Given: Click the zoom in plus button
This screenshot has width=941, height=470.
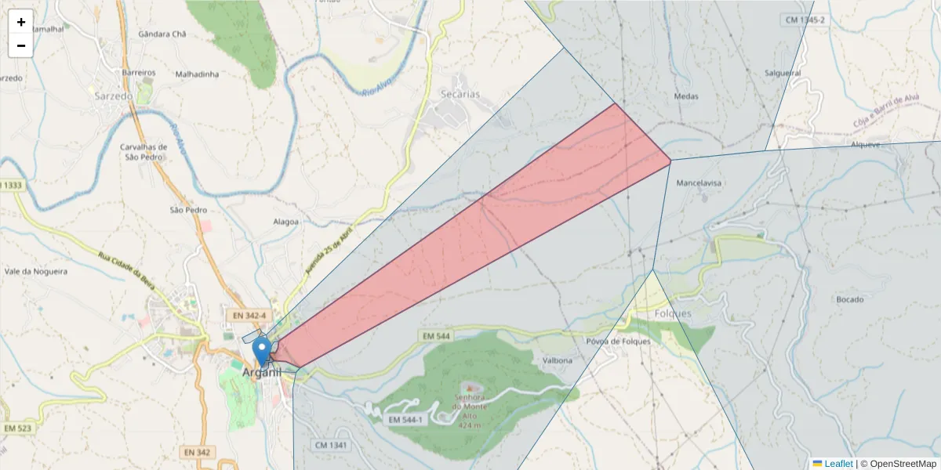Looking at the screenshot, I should (x=21, y=22).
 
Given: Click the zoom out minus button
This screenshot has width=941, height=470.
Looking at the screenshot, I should (x=21, y=45).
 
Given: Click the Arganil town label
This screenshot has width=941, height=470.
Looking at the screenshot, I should (x=261, y=373).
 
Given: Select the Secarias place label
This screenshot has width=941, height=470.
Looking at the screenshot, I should (x=460, y=94).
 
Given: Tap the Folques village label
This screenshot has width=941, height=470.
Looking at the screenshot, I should (x=673, y=313).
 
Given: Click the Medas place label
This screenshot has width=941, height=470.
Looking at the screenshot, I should (x=686, y=96).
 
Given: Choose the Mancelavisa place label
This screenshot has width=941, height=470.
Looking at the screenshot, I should (x=698, y=183).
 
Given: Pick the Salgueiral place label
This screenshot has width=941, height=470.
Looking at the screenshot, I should (x=783, y=73).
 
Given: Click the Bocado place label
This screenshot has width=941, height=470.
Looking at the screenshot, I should (x=850, y=299).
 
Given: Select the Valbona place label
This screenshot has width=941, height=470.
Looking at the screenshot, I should (x=558, y=360).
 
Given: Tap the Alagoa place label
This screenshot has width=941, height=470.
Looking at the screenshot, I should (x=285, y=222).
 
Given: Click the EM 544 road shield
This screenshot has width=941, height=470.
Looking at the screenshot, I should (x=436, y=336).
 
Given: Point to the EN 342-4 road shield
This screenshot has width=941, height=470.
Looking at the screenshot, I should (x=247, y=315).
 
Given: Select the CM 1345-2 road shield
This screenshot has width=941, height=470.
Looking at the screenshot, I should (x=805, y=20).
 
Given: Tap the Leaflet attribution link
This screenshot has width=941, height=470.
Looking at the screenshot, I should (x=837, y=464).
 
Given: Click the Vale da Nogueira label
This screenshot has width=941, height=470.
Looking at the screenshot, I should (x=36, y=271).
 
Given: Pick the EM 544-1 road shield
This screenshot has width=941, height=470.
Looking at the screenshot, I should (x=406, y=421).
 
